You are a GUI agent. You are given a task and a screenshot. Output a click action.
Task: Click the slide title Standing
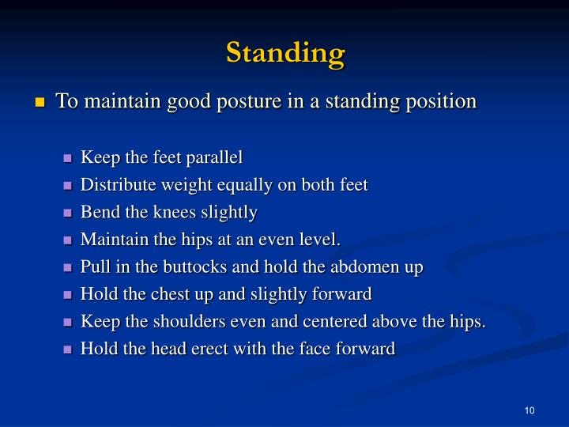(285, 52)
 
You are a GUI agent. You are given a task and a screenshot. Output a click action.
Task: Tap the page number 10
(529, 410)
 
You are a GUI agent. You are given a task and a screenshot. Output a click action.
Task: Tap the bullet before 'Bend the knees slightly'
(67, 213)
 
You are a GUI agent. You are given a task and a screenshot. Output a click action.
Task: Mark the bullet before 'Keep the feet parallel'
(67, 158)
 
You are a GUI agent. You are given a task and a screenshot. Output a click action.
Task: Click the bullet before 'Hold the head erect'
(67, 350)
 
